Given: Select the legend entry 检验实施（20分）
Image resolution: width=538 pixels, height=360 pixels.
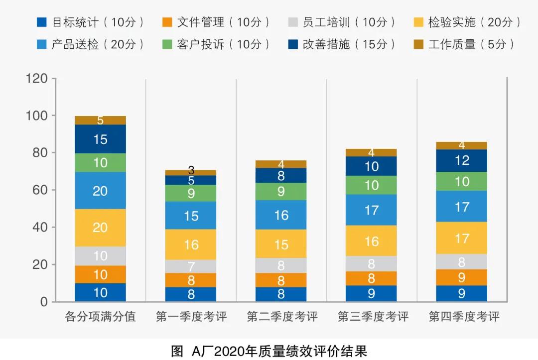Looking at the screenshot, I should pyautogui.click(x=468, y=22).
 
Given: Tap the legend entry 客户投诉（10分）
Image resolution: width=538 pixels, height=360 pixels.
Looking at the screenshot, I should pyautogui.click(x=217, y=44).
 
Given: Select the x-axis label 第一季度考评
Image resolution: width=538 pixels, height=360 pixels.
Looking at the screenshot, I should pyautogui.click(x=191, y=317).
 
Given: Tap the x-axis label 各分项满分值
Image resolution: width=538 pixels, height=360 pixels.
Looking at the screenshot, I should pyautogui.click(x=101, y=317).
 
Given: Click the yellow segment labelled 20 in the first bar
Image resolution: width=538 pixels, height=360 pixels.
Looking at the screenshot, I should pyautogui.click(x=100, y=228).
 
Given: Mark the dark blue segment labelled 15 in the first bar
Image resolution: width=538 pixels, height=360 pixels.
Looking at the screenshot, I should pyautogui.click(x=100, y=139).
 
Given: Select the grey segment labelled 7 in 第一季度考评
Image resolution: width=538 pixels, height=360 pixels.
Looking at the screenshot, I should pyautogui.click(x=191, y=266).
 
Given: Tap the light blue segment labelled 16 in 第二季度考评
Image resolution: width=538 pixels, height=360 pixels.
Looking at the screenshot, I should pyautogui.click(x=281, y=215).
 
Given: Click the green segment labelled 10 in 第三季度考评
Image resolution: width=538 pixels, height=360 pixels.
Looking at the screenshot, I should pyautogui.click(x=372, y=185).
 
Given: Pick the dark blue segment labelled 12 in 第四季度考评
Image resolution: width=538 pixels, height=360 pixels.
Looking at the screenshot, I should pyautogui.click(x=462, y=160).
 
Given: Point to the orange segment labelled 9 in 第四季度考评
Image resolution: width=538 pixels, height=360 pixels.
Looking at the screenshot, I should pyautogui.click(x=462, y=277).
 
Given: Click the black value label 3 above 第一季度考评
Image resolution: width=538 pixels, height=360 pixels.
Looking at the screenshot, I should pyautogui.click(x=191, y=171).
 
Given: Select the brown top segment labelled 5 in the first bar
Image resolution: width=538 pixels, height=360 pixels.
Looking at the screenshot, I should pyautogui.click(x=100, y=120).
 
